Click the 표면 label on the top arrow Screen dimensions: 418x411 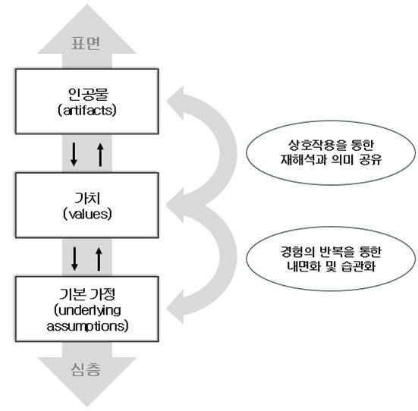coord(86,43)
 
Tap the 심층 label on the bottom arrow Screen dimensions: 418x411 coord(86,369)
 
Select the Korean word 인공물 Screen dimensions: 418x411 coord(88,94)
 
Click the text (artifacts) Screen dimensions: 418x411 coord(87,110)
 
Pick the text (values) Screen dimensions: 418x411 coord(87,214)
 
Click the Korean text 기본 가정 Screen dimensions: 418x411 coord(87,294)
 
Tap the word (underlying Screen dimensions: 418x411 coord(87,310)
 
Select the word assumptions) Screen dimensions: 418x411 coord(87,326)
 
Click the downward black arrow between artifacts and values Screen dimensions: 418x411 coord(74,155)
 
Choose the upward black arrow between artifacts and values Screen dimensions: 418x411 coord(100,155)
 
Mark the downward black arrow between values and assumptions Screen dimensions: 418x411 coord(74,259)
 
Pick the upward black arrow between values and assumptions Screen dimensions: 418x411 coord(99,259)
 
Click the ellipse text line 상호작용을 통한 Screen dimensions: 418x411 coord(331,145)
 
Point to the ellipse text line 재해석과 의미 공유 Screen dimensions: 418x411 coord(331,160)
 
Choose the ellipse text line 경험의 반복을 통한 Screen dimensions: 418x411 coord(331,251)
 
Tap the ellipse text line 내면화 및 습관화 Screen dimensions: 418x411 coord(331,266)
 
